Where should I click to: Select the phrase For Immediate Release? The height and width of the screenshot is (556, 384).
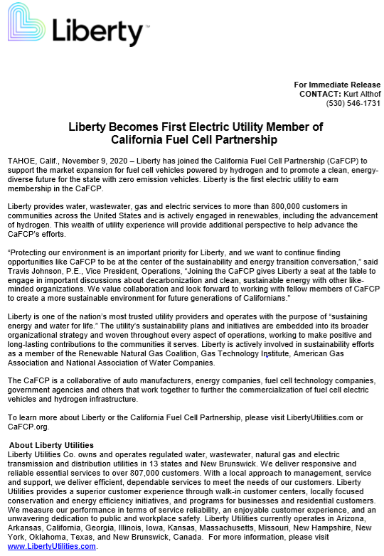[337, 85]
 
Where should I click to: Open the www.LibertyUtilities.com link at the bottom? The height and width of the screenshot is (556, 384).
[51, 547]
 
